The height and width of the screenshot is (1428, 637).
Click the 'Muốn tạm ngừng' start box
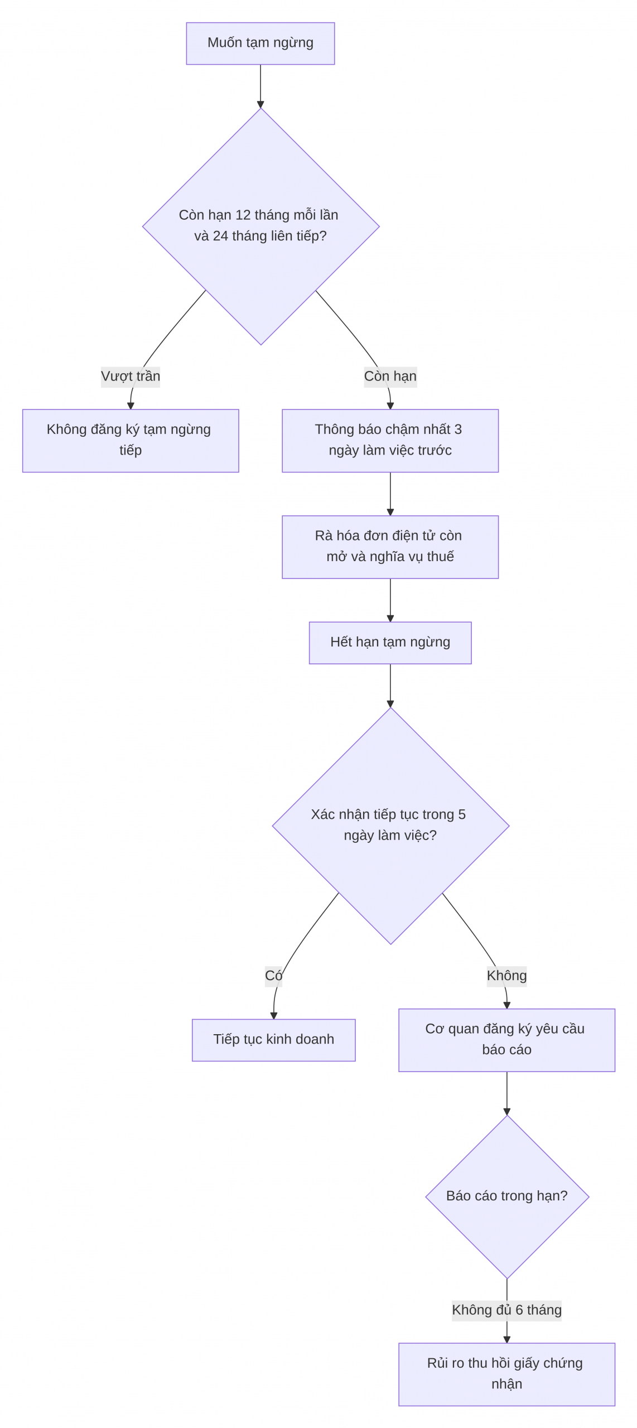[260, 44]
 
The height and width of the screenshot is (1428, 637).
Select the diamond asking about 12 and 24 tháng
[260, 226]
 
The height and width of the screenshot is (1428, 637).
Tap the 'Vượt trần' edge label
[131, 377]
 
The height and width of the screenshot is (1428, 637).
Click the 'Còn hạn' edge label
[390, 377]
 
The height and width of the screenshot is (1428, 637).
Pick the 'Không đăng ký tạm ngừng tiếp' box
[131, 441]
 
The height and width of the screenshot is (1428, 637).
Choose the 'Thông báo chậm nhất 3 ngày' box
[390, 441]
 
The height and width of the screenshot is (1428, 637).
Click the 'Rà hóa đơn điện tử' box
[390, 547]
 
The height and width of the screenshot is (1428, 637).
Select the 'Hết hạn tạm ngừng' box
[390, 643]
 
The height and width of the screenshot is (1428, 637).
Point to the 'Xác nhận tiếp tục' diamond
[390, 826]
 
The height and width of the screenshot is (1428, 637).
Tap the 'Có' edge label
[273, 976]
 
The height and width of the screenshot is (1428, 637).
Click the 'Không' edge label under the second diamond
[506, 976]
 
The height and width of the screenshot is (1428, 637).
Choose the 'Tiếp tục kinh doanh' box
[273, 1040]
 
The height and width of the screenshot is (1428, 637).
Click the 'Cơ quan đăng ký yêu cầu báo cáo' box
[506, 1040]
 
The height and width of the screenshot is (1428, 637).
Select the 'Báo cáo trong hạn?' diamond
[506, 1197]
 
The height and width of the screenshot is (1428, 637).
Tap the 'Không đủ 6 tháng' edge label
[506, 1310]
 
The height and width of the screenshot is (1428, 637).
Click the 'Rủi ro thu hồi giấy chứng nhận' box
[506, 1374]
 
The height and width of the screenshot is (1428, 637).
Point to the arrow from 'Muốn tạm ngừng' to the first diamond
[260, 86]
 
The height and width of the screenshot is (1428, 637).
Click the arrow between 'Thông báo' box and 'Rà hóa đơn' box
[390, 494]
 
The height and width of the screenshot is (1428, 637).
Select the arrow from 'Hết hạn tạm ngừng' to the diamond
[390, 686]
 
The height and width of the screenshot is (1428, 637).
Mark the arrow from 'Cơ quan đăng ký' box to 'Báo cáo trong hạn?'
[506, 1093]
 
